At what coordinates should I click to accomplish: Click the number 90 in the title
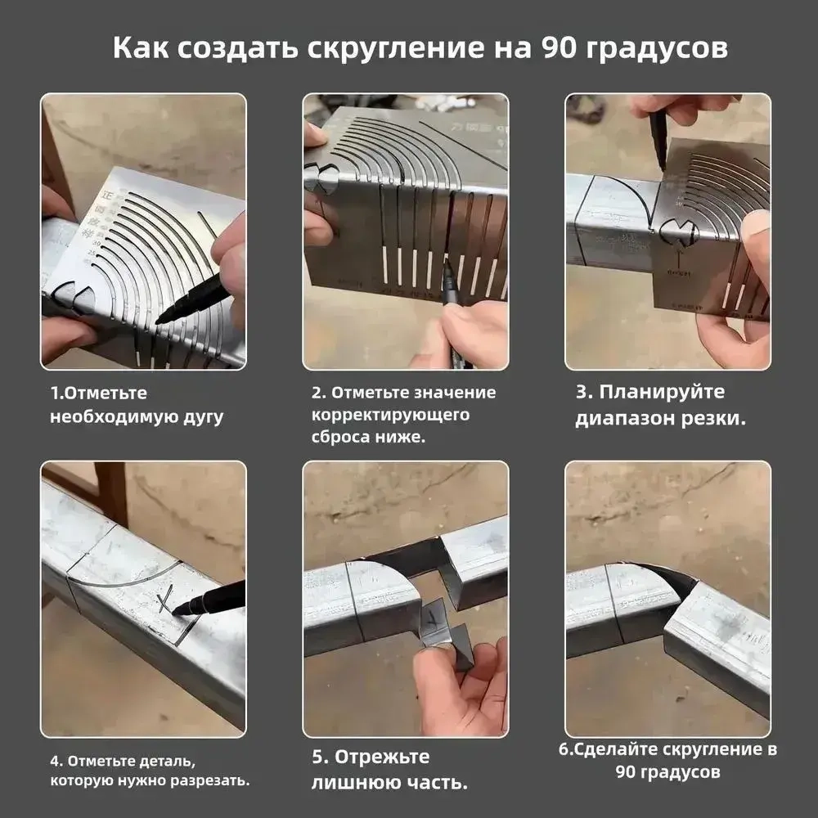coord(563,47)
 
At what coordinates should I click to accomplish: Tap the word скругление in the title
coord(386,47)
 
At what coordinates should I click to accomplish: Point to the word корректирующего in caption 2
coord(390,415)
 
